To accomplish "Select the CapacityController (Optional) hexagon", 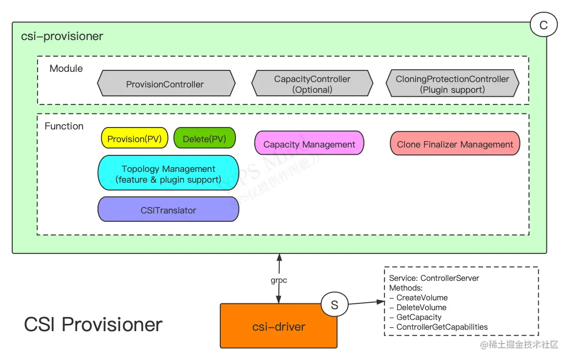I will click(x=312, y=84).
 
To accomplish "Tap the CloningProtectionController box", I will click(x=452, y=84).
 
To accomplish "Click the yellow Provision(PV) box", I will click(x=134, y=139).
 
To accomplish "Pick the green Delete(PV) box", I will click(x=204, y=139).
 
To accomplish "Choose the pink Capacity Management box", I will click(x=309, y=144).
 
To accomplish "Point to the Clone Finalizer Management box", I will click(x=455, y=144).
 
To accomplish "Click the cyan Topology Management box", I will click(x=168, y=173).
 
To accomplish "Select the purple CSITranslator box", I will click(x=168, y=210).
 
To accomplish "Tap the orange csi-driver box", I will click(x=278, y=326).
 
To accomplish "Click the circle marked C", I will click(x=543, y=25).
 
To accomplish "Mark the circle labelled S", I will click(x=335, y=305).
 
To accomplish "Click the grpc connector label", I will click(x=279, y=280).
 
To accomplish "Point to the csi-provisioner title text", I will click(x=62, y=37).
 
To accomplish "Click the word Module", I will click(x=66, y=68).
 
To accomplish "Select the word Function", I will click(x=64, y=126).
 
